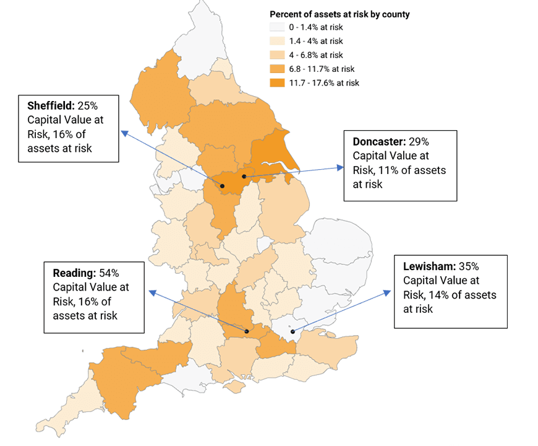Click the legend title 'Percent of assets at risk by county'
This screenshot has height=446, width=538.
pyautogui.click(x=339, y=14)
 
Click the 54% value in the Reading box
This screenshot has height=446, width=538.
pyautogui.click(x=108, y=273)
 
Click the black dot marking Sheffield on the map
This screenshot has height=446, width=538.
pyautogui.click(x=221, y=186)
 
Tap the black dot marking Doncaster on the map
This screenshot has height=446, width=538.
pyautogui.click(x=245, y=177)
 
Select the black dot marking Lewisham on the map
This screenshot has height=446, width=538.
pyautogui.click(x=292, y=331)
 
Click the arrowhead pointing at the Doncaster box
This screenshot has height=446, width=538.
pyautogui.click(x=340, y=167)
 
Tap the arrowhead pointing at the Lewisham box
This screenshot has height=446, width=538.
pyautogui.click(x=390, y=291)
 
